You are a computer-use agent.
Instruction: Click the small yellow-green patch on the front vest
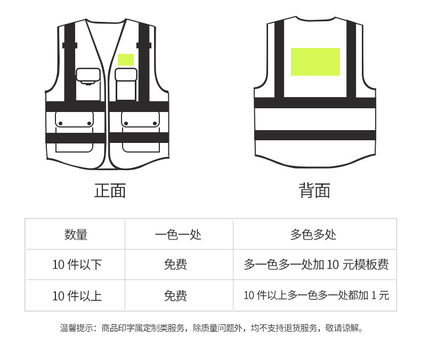[126, 60]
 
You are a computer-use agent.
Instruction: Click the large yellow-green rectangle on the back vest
[315, 61]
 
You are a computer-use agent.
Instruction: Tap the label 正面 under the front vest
[110, 190]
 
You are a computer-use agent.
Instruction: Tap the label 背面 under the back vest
[314, 190]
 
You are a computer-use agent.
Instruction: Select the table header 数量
[76, 234]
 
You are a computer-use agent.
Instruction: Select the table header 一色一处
[178, 234]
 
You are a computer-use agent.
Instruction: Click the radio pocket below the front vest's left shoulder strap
[88, 76]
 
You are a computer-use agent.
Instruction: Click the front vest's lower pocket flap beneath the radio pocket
[74, 119]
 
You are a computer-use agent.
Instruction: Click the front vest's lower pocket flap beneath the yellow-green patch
[140, 119]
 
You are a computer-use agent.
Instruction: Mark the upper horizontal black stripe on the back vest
[314, 103]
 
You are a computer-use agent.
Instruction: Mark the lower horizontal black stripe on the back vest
[314, 135]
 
